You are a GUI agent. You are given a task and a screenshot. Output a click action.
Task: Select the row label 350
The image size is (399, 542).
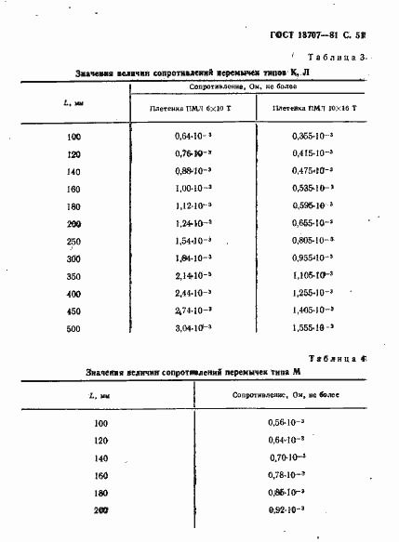coord(73,276)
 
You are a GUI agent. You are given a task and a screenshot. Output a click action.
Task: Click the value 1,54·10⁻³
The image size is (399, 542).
coord(193,241)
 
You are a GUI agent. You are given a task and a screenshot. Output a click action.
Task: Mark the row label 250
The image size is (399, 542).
coord(73,241)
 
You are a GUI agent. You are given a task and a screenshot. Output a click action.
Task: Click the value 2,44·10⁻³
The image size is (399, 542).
coord(193,293)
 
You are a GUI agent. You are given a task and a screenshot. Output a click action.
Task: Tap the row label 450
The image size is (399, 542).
coord(73,311)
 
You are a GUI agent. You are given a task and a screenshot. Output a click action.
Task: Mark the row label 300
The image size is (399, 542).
coord(73,258)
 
